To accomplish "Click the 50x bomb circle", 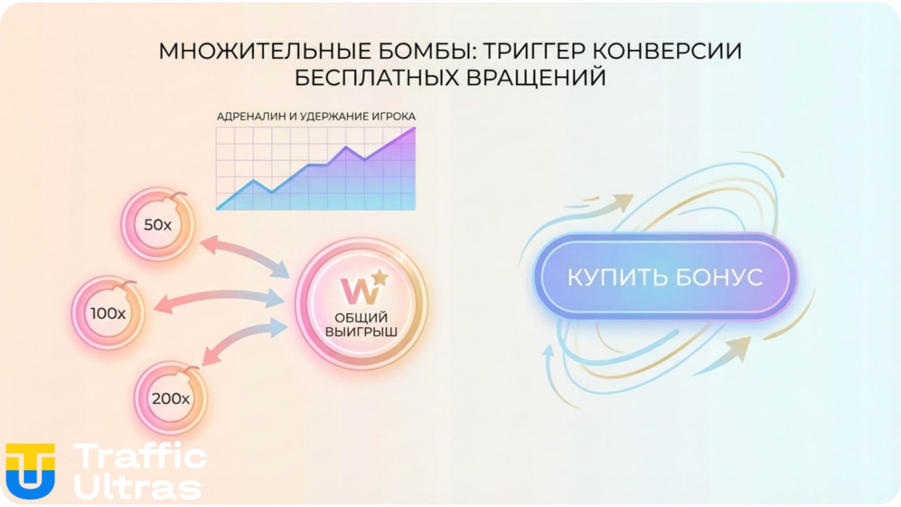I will point(157,225).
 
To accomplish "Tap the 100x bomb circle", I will point(108,313).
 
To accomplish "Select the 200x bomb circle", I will point(170,399).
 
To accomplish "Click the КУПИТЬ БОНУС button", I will point(665,277).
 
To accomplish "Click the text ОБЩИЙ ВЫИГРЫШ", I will point(361,325).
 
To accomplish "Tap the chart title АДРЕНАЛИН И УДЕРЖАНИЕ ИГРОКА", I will point(316,116).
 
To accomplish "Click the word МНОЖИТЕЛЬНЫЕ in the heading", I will point(265,51).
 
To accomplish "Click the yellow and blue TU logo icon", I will point(30,471).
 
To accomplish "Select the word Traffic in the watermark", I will point(140,456).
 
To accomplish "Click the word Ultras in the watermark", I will point(137,488).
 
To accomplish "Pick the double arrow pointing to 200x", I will point(244,341).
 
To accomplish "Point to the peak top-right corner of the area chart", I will point(414,128).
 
